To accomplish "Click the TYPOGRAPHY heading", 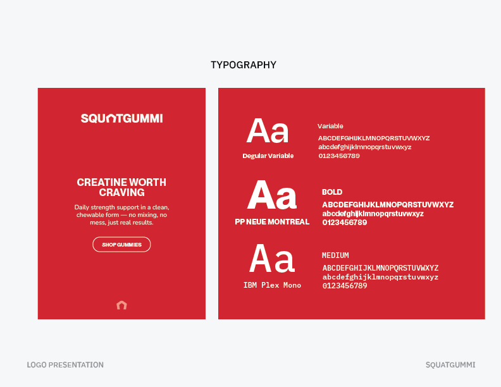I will [244, 65].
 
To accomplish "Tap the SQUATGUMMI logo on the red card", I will [121, 118].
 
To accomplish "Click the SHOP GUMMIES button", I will [121, 245].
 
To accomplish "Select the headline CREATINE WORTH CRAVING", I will [121, 187].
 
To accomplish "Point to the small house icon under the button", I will [122, 305].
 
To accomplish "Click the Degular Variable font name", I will [268, 156].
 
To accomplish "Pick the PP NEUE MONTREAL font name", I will [272, 222].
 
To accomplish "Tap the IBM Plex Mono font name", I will [272, 285].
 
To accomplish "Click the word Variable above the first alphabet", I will [330, 126].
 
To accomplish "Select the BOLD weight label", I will [332, 192].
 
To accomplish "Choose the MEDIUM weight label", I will [335, 255].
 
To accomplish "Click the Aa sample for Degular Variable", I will [268, 132].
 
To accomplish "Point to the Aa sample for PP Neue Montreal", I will [272, 195].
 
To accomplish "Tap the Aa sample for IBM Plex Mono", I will [272, 259].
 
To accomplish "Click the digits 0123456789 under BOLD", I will [345, 223].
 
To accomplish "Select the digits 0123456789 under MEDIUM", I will [345, 286].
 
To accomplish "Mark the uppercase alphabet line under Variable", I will [374, 138].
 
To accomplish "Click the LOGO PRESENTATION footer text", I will [65, 365].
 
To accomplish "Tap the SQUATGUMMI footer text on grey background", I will [450, 365].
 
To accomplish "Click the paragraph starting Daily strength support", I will [121, 215].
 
